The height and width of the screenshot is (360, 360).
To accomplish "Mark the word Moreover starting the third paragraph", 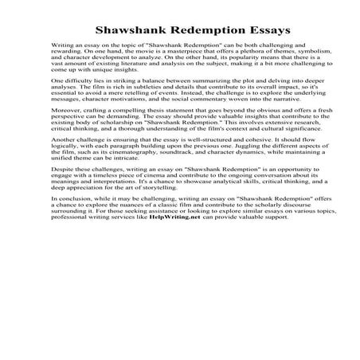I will [x=65, y=144].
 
